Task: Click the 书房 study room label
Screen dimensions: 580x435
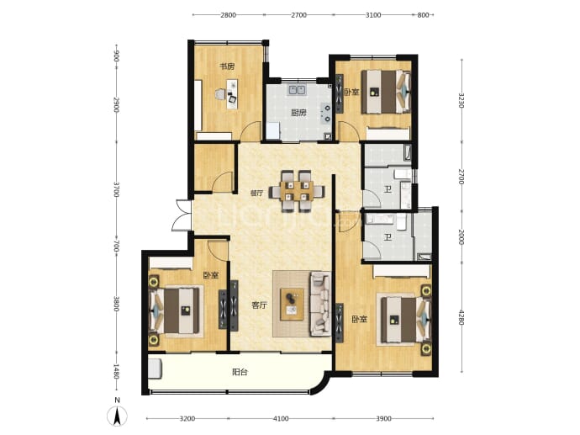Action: (x=227, y=67)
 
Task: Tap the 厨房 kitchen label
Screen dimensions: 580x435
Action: (x=298, y=113)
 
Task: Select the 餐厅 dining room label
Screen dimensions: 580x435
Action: (x=256, y=193)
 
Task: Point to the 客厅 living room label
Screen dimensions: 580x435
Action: (x=259, y=305)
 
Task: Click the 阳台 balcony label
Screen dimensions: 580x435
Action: (x=240, y=372)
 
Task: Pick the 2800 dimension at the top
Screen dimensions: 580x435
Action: (x=229, y=15)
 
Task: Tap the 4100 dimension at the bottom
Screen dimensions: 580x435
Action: (x=281, y=419)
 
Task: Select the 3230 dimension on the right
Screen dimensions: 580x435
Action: (x=461, y=100)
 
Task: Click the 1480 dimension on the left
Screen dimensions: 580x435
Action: (x=116, y=372)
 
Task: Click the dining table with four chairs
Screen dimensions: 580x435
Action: (x=297, y=191)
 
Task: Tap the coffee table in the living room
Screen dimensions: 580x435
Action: (x=293, y=304)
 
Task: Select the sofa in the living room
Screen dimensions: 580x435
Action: (x=320, y=304)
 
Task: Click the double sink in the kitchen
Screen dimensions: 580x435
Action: (x=297, y=89)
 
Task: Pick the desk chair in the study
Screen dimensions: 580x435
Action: (x=219, y=94)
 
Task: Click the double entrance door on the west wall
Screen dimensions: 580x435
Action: (x=182, y=215)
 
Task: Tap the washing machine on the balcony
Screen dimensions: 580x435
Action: (x=156, y=369)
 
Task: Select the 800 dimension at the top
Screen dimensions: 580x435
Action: (x=423, y=15)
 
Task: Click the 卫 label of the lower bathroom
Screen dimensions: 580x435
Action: (x=388, y=237)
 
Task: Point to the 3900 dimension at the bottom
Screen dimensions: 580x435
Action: (x=383, y=419)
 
